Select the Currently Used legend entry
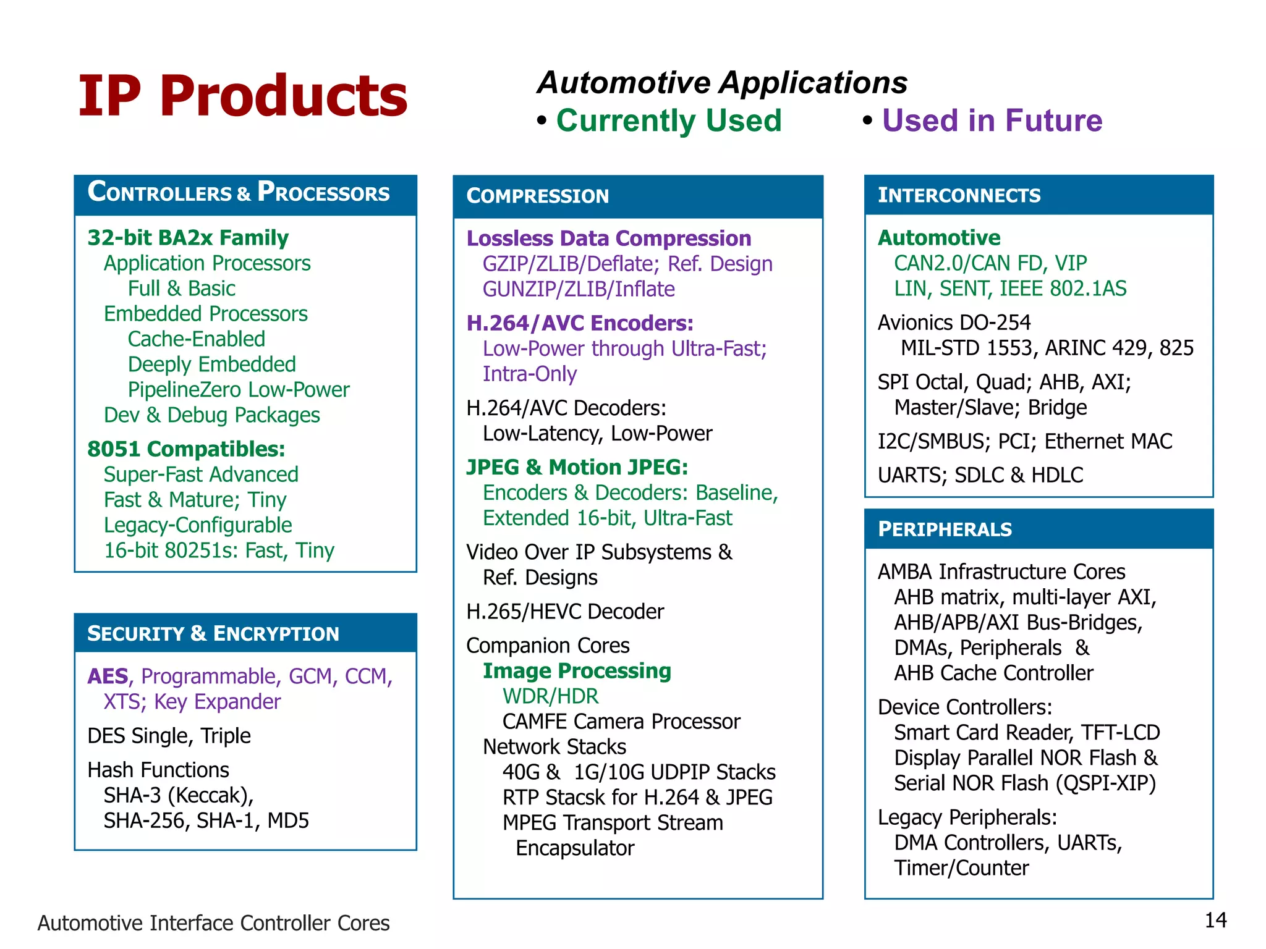coord(668,120)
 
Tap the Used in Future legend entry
coord(992,120)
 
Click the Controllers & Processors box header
coord(239,193)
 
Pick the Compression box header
coord(537,196)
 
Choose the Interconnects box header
coord(959,195)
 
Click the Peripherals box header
coord(945,529)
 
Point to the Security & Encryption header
coord(213,634)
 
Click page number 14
coord(1215,921)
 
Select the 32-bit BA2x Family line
coord(188,238)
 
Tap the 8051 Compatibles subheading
coord(186,449)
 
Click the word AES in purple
coord(108,677)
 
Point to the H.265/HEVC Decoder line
coord(564,612)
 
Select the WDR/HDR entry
coord(550,696)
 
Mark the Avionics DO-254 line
coord(954,323)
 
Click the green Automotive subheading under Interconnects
coord(938,238)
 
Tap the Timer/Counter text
coord(961,868)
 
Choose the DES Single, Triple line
coord(169,736)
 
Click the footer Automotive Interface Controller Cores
coord(213,923)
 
